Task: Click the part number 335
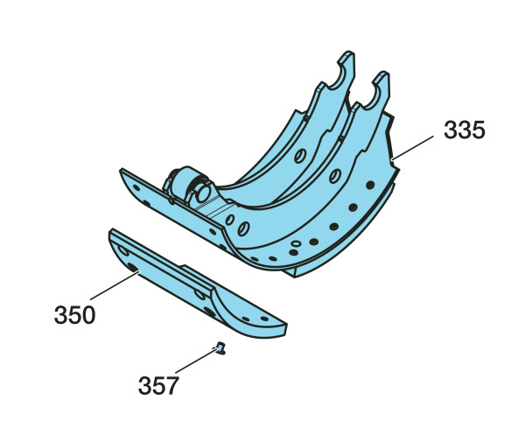coord(464,130)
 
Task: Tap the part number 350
coord(74,315)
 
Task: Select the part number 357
coord(158,386)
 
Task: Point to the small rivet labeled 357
coord(220,348)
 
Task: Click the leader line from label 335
coord(412,148)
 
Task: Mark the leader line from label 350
coord(115,285)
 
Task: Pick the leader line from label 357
coord(196,361)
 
